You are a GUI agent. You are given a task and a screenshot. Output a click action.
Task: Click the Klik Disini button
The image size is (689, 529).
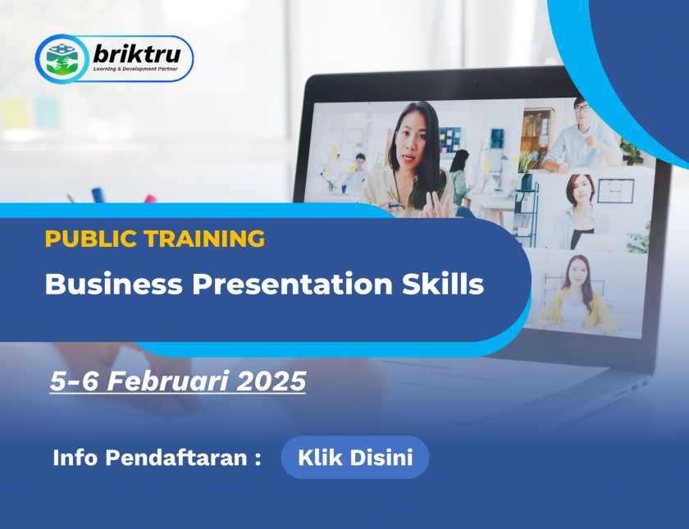pyautogui.click(x=355, y=458)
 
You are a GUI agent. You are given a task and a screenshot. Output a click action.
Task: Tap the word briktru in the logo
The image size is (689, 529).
pyautogui.click(x=137, y=54)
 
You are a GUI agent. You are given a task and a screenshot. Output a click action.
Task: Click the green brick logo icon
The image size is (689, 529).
pyautogui.click(x=62, y=59)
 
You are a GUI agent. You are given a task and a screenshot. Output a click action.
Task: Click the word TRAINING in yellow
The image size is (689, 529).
pyautogui.click(x=204, y=239)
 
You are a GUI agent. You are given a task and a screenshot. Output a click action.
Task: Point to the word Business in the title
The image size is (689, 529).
pyautogui.click(x=113, y=284)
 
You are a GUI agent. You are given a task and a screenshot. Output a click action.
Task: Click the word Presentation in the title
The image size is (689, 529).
pyautogui.click(x=292, y=284)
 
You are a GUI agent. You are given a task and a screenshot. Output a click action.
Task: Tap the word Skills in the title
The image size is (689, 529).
pyautogui.click(x=442, y=284)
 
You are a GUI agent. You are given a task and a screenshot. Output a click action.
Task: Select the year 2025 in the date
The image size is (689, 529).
pyautogui.click(x=271, y=381)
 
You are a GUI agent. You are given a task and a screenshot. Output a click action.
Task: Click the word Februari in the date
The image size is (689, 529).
pyautogui.click(x=168, y=381)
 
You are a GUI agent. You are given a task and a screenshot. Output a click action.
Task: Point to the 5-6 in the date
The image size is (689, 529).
pyautogui.click(x=74, y=381)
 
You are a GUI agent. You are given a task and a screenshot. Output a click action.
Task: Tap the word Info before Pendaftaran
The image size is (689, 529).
pyautogui.click(x=75, y=458)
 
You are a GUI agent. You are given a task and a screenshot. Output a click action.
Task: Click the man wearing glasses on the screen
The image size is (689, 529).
pyautogui.click(x=582, y=136)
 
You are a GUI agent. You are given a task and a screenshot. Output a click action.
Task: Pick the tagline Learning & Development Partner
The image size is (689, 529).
pyautogui.click(x=135, y=69)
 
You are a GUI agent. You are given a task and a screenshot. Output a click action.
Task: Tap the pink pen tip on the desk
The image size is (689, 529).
pyautogui.click(x=150, y=198)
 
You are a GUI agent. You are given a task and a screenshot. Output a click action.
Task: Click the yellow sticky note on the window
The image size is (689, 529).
pyautogui.click(x=15, y=113)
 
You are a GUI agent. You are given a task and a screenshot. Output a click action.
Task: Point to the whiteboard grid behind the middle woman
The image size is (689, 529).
pyautogui.click(x=615, y=190)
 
